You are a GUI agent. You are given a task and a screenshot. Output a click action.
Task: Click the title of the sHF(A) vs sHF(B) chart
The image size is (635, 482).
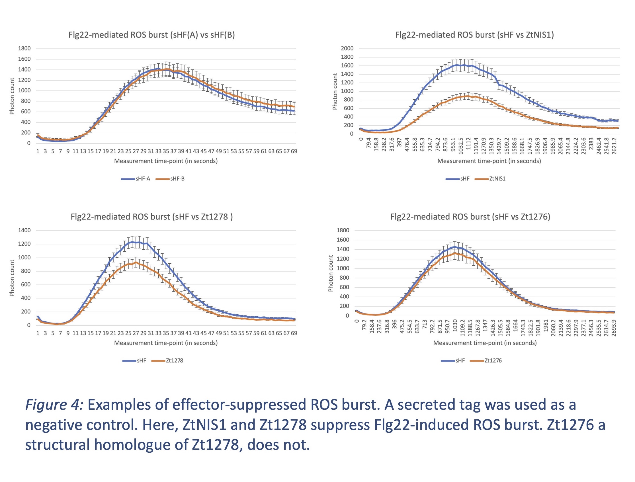pyautogui.click(x=151, y=35)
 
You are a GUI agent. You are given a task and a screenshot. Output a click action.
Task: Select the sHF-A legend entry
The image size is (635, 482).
pyautogui.click(x=143, y=179)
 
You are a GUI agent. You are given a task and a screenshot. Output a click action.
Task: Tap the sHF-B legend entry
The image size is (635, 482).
pyautogui.click(x=177, y=179)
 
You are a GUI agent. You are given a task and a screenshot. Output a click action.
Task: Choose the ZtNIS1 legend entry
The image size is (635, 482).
pyautogui.click(x=497, y=179)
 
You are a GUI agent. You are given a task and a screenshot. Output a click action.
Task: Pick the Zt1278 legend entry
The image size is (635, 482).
pyautogui.click(x=174, y=360)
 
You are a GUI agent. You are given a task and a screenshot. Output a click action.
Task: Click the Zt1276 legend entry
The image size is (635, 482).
pyautogui.click(x=493, y=360)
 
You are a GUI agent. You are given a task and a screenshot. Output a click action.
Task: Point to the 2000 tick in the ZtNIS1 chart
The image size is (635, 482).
pyautogui.click(x=347, y=48)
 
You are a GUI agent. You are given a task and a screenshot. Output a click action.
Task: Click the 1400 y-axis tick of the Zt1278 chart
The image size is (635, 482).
pyautogui.click(x=24, y=230)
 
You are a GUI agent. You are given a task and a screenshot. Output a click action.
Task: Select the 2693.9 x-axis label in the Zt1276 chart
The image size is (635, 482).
pyautogui.click(x=613, y=328)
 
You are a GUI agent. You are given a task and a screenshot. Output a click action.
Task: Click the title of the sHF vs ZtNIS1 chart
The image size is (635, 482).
pyautogui.click(x=474, y=35)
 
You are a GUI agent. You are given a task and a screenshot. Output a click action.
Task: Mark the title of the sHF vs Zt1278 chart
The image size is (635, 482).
pyautogui.click(x=151, y=217)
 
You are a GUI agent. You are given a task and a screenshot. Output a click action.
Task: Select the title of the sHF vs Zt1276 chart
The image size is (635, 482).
pyautogui.click(x=470, y=217)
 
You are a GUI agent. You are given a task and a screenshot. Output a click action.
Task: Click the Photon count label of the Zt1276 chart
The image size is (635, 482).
pyautogui.click(x=331, y=273)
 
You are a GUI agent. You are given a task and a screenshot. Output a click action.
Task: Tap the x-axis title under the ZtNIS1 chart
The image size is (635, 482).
pyautogui.click(x=489, y=161)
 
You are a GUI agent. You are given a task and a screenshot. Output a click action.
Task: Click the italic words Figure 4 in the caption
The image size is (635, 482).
pyautogui.click(x=54, y=405)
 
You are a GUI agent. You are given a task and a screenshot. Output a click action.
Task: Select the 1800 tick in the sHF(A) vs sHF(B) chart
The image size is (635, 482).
pyautogui.click(x=24, y=48)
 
